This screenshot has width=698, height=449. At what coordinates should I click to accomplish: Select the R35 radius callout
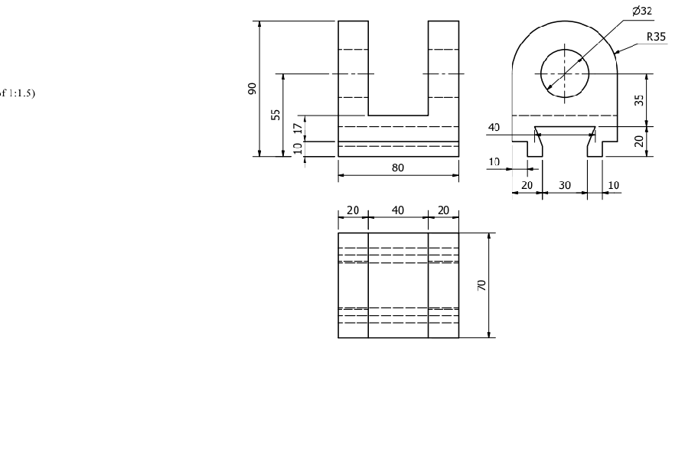pos(656,36)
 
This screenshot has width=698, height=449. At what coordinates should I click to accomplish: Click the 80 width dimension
pos(398,168)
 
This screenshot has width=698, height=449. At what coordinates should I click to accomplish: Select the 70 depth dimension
pos(481,285)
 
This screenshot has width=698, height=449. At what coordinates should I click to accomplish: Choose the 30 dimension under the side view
pos(565,184)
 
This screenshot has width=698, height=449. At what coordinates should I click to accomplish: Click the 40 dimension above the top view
pos(398,210)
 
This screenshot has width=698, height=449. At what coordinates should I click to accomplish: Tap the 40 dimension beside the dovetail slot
pos(494,128)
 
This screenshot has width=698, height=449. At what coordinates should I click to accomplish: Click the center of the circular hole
pos(565,73)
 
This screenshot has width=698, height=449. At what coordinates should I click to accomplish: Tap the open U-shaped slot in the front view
pos(398,69)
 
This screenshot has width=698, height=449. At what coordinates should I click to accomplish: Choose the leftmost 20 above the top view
pos(353,210)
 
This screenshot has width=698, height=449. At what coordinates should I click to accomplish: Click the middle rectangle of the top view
pos(398,285)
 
